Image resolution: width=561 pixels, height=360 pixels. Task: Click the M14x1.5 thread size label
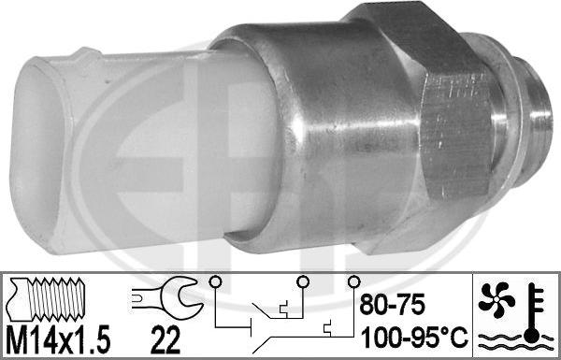click(58, 341)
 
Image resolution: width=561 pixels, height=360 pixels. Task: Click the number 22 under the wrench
click(165, 341)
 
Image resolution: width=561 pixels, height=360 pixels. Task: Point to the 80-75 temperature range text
click(393, 305)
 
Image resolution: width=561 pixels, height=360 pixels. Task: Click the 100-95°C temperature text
click(414, 338)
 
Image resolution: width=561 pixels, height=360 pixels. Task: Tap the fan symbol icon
click(496, 300)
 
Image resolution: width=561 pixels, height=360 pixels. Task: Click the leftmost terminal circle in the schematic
click(215, 282)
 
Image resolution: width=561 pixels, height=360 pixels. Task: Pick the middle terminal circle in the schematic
click(303, 282)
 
